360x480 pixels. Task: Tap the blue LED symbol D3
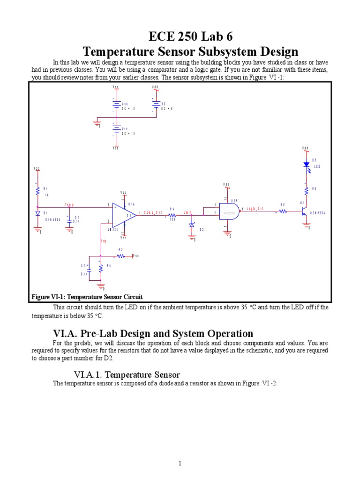306,165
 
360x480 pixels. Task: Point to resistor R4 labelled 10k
172,215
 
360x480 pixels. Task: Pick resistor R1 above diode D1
37,191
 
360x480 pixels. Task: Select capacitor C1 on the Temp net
69,217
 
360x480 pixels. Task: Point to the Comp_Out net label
152,212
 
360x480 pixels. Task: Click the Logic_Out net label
255,209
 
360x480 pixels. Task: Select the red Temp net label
69,205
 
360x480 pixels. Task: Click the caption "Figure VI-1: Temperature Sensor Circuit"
87,297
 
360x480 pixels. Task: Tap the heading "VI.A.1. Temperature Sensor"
127,374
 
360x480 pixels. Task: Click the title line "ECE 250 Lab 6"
190,37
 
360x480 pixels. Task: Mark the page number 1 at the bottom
180,464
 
